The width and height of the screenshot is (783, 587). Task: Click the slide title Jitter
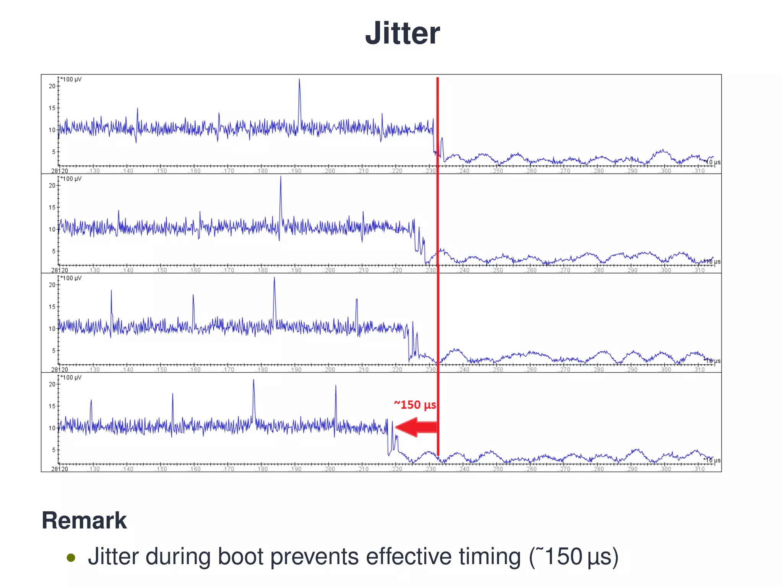coord(402,33)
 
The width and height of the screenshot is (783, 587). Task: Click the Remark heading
coord(84,521)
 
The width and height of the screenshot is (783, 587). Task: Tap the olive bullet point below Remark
coord(71,558)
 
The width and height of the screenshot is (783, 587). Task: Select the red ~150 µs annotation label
coord(415,405)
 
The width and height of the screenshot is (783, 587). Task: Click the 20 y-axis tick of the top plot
coord(52,86)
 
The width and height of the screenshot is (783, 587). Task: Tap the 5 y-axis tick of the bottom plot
coord(54,450)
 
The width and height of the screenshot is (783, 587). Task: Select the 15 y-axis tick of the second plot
coord(52,208)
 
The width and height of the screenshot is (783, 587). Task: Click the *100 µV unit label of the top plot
coord(71,79)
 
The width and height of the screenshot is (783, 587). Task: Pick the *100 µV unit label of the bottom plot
coord(71,378)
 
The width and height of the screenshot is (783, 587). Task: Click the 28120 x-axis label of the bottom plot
coord(60,469)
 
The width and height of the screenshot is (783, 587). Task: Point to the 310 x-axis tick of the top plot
coord(699,171)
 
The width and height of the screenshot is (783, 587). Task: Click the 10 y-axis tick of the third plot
coord(52,329)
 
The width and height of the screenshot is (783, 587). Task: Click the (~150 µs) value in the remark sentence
coord(573,556)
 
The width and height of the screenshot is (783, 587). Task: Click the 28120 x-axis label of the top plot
coord(60,171)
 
